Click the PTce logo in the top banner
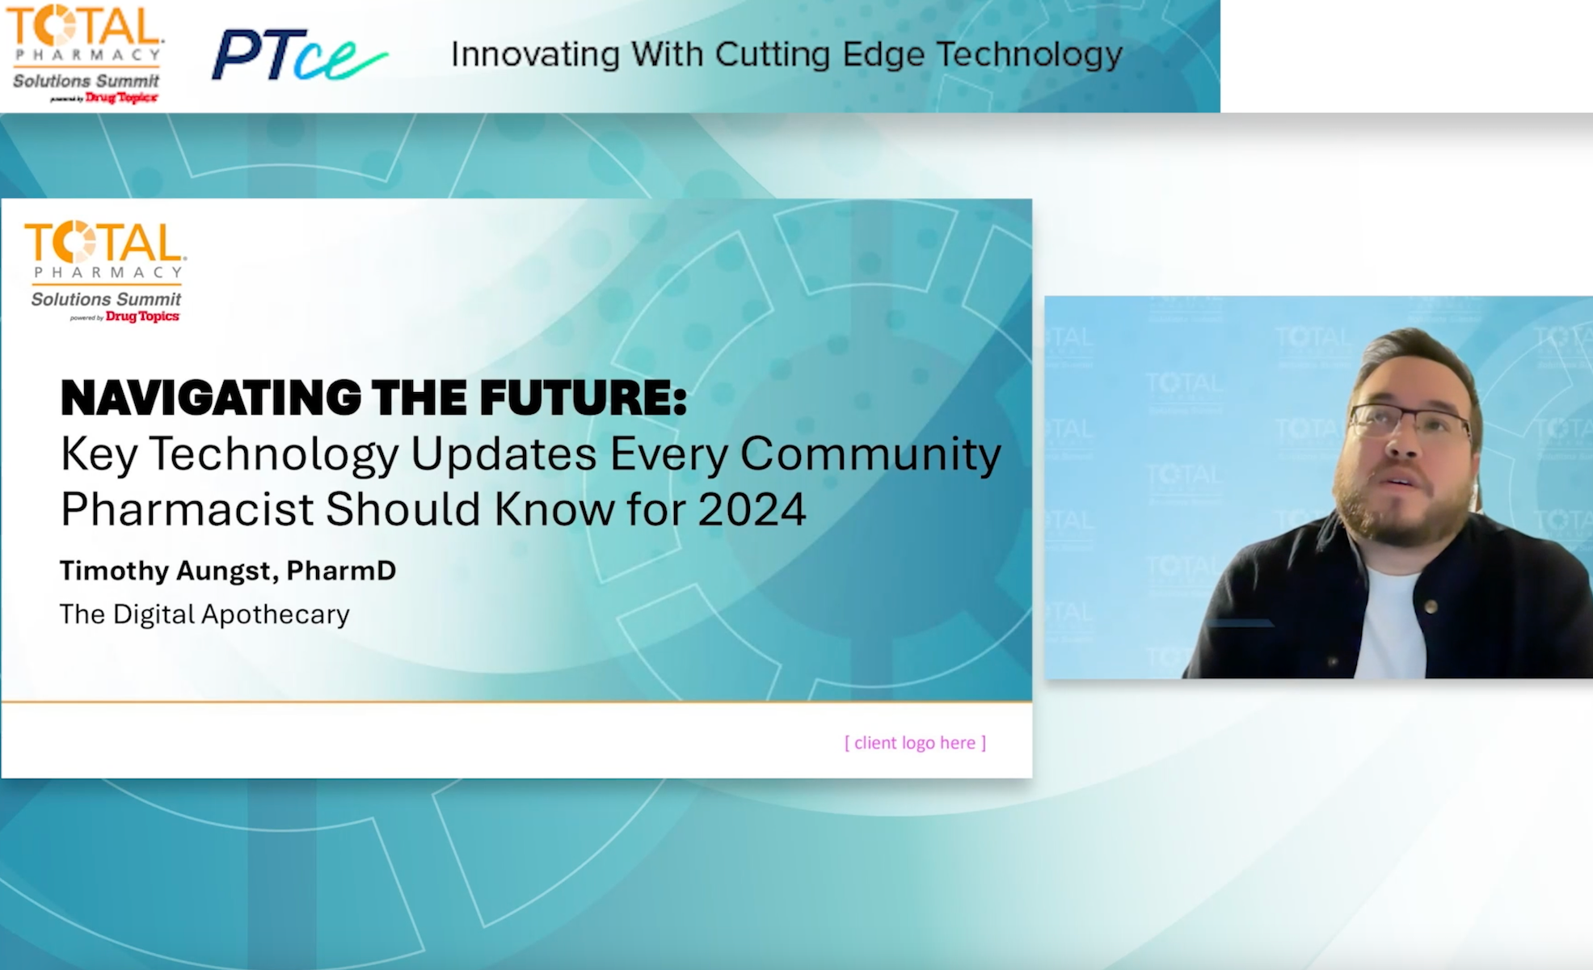(x=297, y=55)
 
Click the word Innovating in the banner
(x=536, y=55)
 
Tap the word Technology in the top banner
(x=1029, y=55)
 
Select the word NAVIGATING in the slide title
(x=211, y=399)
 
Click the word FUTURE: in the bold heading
(x=583, y=399)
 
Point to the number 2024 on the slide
(x=752, y=509)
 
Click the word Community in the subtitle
(x=870, y=453)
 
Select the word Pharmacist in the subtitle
(x=187, y=509)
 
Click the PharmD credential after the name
(x=341, y=571)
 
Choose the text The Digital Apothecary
(x=204, y=614)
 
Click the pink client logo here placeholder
(x=915, y=743)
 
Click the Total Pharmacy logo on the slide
(x=106, y=271)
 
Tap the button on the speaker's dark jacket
(x=1431, y=605)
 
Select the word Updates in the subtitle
(x=503, y=453)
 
